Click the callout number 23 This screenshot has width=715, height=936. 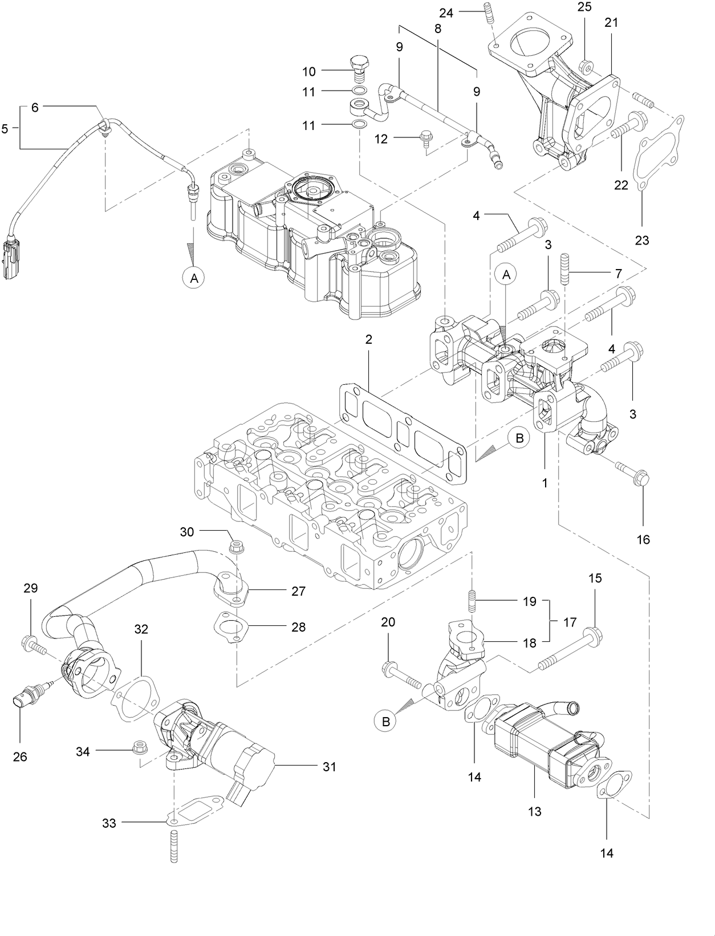(x=642, y=241)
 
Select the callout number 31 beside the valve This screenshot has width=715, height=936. (x=329, y=767)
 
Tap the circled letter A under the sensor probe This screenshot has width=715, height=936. (x=194, y=278)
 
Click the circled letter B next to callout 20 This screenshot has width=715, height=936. (x=386, y=721)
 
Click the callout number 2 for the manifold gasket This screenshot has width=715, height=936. (x=369, y=339)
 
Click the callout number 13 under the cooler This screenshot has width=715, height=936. (x=534, y=811)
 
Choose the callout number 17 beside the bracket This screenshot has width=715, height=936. (x=570, y=622)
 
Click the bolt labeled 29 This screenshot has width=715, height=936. (x=35, y=645)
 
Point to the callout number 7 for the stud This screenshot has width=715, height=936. (x=618, y=274)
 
